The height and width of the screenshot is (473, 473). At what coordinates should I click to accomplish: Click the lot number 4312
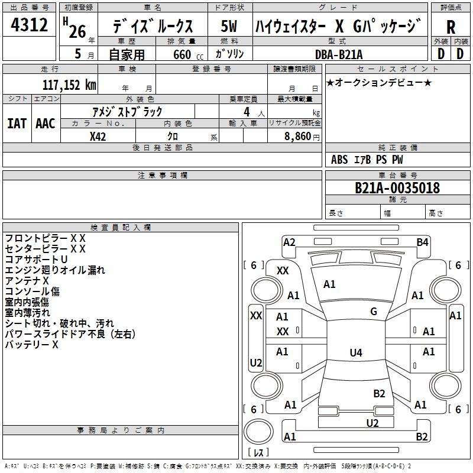coord(29,25)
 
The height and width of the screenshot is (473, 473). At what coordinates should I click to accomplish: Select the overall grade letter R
coord(451,27)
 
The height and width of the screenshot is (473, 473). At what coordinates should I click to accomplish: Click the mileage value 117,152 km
coord(69,85)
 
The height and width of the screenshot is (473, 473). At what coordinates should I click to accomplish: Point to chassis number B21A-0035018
coord(397,187)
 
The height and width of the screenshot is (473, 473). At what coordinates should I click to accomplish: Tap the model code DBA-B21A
coord(339,54)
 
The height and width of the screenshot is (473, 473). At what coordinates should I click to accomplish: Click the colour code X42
coord(98,137)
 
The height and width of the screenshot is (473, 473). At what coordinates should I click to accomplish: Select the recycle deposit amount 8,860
coord(297,137)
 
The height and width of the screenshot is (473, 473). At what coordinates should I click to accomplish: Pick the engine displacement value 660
coord(182,54)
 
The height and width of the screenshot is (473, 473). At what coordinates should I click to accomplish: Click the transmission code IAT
coord(17,124)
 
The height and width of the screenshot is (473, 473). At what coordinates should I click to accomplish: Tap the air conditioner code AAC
coord(46,124)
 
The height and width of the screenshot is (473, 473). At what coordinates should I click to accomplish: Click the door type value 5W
coord(229,26)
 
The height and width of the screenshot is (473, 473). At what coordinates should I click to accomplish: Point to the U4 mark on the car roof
coord(356,352)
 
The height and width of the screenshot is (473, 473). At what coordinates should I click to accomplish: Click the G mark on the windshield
coord(374,311)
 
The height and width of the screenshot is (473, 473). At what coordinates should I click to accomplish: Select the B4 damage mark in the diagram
coord(422,242)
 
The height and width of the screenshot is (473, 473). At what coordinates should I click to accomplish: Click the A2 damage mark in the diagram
coord(289,242)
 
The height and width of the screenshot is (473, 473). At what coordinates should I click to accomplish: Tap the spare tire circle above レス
coord(258,432)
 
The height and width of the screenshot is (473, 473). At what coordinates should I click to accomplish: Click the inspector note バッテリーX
coord(32,345)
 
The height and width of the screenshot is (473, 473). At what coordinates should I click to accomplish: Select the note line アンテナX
coord(27,281)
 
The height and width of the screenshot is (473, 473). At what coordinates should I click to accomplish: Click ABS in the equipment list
coord(339,160)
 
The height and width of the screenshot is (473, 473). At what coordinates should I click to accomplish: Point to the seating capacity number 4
coord(247,112)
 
